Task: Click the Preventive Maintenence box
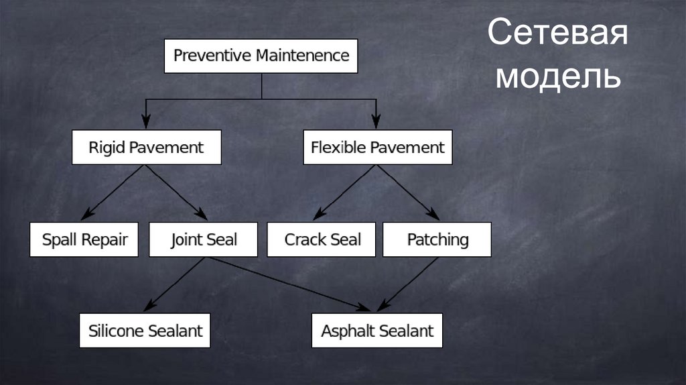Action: click(261, 56)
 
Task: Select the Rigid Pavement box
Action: click(146, 147)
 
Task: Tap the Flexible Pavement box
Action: click(377, 147)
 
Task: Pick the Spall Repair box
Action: click(84, 239)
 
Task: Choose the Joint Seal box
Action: click(203, 239)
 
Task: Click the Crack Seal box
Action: click(322, 239)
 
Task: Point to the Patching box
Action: click(437, 239)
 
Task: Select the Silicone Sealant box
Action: click(145, 330)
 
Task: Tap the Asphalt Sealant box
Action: click(377, 330)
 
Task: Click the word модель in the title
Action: click(557, 77)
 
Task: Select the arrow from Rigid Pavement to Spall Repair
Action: click(114, 192)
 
